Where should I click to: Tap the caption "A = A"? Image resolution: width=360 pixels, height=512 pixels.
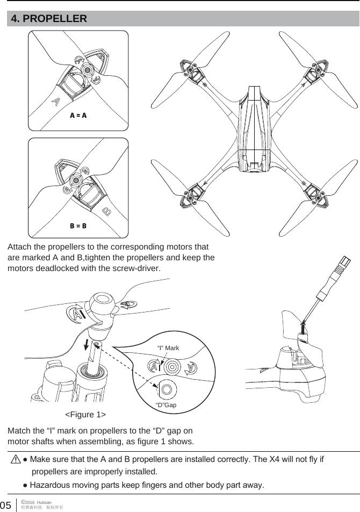coord(78,116)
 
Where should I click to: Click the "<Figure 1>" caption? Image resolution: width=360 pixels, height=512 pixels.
coord(85,415)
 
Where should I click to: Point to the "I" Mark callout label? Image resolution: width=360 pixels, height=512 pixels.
coord(168,349)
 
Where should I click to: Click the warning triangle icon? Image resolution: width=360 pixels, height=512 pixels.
coord(15,460)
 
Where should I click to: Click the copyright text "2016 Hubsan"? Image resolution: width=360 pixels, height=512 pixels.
coord(35,501)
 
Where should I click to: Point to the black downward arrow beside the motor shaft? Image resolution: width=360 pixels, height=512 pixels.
coord(88,344)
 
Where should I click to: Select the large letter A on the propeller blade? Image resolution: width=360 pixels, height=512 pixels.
coord(55,101)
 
